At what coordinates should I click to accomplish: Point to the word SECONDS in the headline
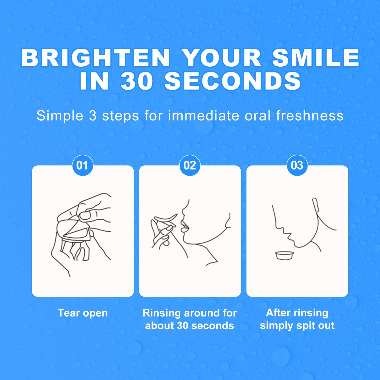(233, 81)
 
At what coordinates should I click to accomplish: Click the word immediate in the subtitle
(203, 116)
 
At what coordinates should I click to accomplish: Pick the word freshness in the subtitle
(310, 116)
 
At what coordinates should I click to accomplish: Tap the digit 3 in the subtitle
(93, 116)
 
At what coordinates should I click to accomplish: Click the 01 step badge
(83, 165)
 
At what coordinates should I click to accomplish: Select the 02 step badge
(190, 165)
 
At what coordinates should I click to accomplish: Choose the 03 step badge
(297, 165)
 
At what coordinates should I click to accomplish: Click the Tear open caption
(83, 313)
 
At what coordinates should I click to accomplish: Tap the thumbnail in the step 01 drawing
(85, 216)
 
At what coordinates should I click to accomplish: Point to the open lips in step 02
(184, 226)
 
